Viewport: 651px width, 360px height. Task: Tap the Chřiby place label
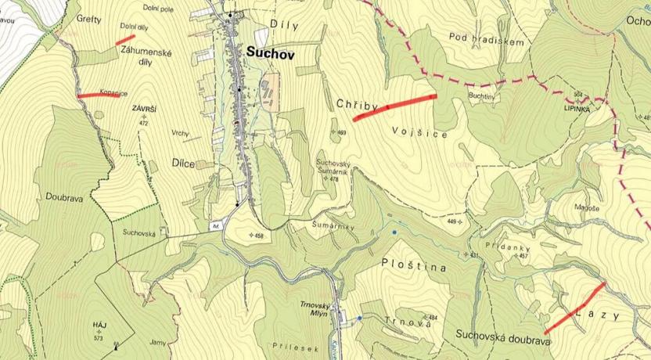(358, 104)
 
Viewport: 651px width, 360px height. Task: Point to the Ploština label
(415, 267)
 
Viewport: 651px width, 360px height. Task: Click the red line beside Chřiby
(394, 107)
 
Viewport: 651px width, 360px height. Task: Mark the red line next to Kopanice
(99, 95)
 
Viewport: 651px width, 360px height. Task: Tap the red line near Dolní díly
(125, 38)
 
